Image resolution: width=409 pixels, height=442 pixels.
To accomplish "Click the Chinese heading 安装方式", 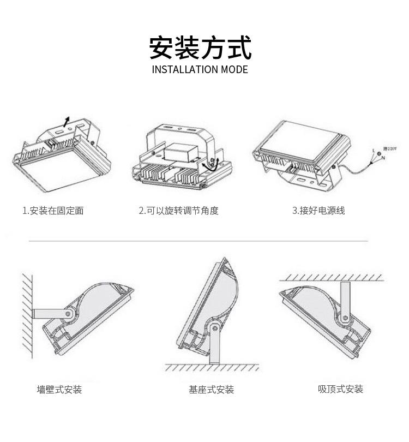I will point(200,47).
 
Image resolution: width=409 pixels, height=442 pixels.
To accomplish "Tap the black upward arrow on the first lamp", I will point(67,121).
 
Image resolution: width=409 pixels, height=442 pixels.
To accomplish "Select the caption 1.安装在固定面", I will point(53,211).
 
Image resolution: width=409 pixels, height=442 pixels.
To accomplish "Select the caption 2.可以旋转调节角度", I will point(179,211).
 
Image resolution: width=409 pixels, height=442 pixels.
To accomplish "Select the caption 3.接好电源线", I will point(318,211).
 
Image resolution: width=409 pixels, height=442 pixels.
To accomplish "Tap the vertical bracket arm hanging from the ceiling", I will point(345,297).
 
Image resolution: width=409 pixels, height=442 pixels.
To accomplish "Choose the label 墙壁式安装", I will point(59,389).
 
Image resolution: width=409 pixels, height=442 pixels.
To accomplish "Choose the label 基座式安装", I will point(212,389).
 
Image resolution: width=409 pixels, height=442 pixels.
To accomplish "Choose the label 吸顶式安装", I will point(340,389).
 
